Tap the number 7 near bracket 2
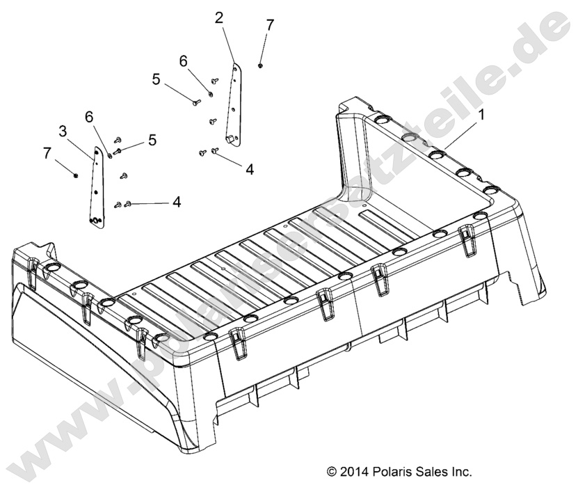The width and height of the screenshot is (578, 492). tap(269, 25)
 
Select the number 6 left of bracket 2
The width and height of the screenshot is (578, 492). tap(183, 62)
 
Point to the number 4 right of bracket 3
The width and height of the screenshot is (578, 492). tap(177, 202)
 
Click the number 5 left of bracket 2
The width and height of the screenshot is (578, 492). tap(156, 79)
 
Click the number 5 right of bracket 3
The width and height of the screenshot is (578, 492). tap(151, 141)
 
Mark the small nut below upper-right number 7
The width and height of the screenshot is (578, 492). tap(260, 65)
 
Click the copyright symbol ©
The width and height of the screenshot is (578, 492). tap(330, 472)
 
